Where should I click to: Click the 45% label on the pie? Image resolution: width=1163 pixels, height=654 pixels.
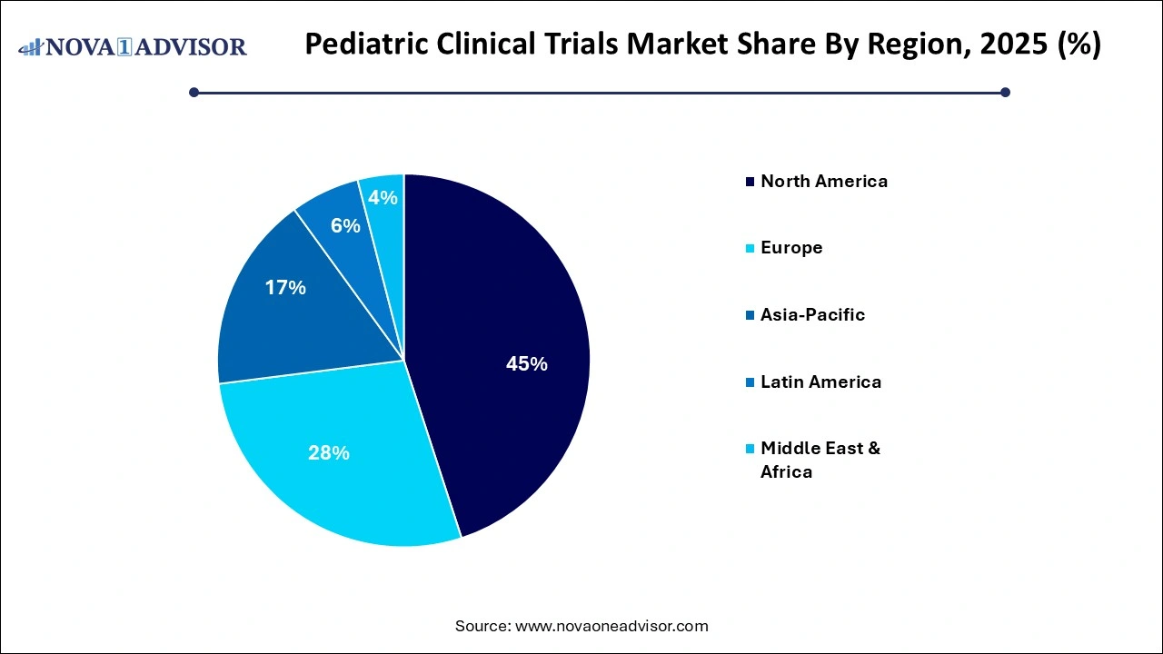point(526,364)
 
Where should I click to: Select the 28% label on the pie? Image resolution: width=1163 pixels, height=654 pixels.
point(328,452)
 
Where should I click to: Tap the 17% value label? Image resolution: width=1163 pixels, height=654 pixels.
point(285,288)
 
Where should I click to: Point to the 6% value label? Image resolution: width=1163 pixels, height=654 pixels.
point(345,225)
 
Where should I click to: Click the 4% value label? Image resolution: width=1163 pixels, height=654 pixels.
point(383,197)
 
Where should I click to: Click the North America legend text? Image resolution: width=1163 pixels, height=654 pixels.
point(824,181)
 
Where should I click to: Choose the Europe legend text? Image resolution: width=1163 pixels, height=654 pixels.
point(791,247)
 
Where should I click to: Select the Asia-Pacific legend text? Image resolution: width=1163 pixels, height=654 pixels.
point(812,314)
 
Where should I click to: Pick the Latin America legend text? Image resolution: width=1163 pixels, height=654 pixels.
point(820,381)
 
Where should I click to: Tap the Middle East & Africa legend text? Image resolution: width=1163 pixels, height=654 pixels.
point(820,460)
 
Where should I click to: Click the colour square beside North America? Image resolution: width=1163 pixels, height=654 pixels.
point(750,182)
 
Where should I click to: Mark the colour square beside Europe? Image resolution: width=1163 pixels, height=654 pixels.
point(750,248)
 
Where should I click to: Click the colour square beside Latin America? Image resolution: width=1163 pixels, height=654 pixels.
point(750,382)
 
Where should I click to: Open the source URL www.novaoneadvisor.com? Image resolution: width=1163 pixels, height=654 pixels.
point(611,626)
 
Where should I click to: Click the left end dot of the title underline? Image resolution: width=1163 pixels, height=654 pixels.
point(194,92)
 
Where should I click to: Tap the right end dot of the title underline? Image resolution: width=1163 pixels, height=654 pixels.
point(1005,92)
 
